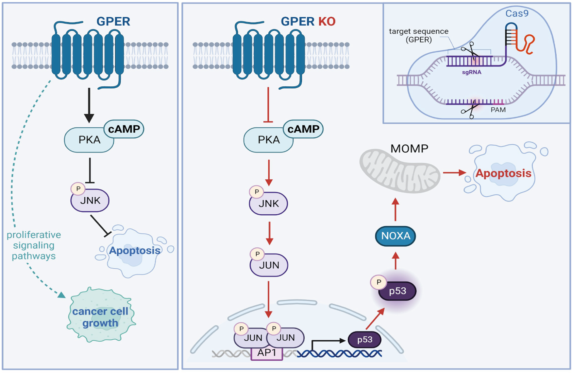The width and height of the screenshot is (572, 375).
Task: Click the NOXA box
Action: (395, 236)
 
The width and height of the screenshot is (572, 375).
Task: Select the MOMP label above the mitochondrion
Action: (409, 149)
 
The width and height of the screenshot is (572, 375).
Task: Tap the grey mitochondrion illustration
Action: (400, 170)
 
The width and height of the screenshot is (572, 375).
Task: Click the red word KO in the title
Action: (327, 22)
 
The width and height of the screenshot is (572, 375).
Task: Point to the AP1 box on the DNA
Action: (267, 353)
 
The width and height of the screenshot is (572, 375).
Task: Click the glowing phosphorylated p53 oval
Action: (397, 291)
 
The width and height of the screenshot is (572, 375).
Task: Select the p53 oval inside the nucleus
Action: (364, 340)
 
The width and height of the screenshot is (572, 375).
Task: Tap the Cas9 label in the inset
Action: (517, 13)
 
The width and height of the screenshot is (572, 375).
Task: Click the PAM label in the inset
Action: (498, 110)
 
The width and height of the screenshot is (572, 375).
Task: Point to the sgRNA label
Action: (471, 72)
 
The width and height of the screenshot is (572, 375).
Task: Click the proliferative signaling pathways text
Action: (34, 245)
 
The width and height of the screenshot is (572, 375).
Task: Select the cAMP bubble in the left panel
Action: (124, 129)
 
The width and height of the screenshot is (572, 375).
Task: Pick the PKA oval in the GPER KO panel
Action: (268, 140)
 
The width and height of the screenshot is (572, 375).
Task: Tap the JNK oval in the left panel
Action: (90, 200)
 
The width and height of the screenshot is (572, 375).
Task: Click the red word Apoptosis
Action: (503, 173)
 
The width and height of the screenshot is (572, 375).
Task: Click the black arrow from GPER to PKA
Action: (89, 105)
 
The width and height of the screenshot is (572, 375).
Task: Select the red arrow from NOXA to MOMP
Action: (395, 210)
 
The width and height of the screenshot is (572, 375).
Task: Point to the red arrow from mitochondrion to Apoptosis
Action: (454, 172)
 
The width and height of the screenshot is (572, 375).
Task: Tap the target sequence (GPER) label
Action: (418, 35)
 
